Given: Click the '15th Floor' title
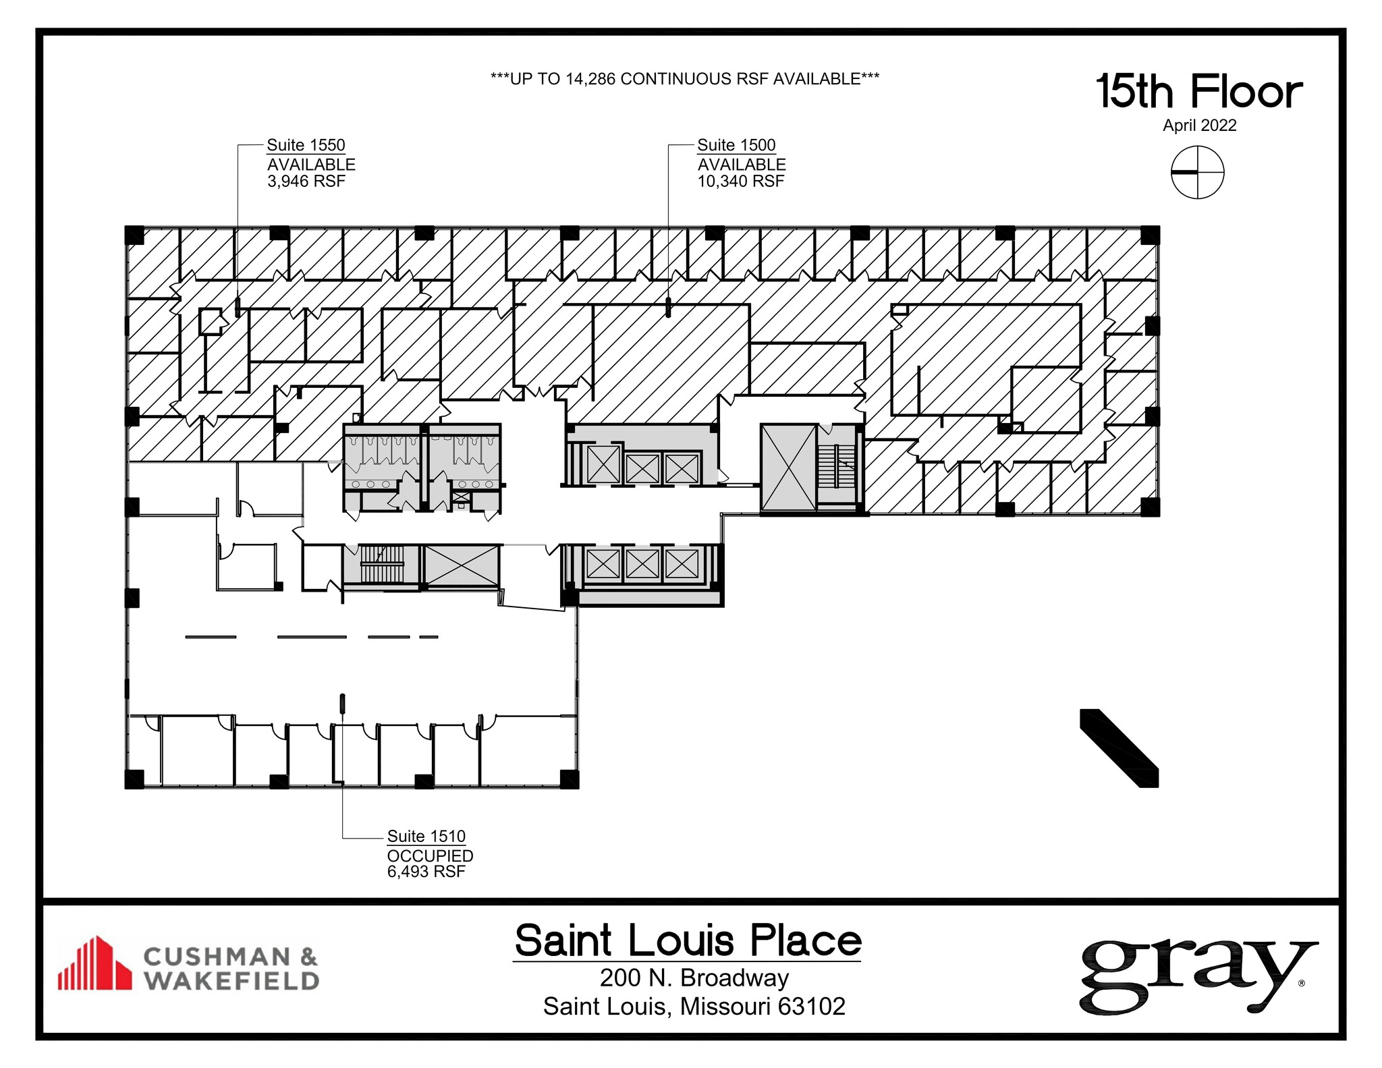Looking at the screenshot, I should pyautogui.click(x=1199, y=92).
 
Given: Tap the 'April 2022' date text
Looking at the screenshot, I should pyautogui.click(x=1199, y=125).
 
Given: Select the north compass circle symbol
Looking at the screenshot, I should pyautogui.click(x=1197, y=173).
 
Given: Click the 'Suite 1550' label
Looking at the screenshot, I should pyautogui.click(x=306, y=145).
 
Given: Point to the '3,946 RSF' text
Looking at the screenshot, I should pyautogui.click(x=306, y=181).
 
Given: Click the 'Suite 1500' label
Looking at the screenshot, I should pyautogui.click(x=736, y=145).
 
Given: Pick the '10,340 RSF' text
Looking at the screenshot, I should pyautogui.click(x=741, y=181).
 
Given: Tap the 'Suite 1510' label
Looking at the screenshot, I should pyautogui.click(x=426, y=836).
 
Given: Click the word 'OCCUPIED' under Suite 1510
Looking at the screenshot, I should pyautogui.click(x=430, y=855).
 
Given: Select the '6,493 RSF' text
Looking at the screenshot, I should pyautogui.click(x=426, y=872).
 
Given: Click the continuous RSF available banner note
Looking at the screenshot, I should pyautogui.click(x=684, y=79).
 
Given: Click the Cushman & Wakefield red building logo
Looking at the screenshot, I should pyautogui.click(x=94, y=963).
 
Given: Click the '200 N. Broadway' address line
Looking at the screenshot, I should pyautogui.click(x=694, y=978).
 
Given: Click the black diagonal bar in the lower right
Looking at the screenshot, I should pyautogui.click(x=1119, y=748).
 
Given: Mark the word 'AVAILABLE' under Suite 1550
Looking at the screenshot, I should pyautogui.click(x=311, y=165).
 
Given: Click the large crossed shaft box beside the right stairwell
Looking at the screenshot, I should pyautogui.click(x=788, y=468).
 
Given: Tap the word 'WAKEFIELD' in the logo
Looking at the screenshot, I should pyautogui.click(x=231, y=980).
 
